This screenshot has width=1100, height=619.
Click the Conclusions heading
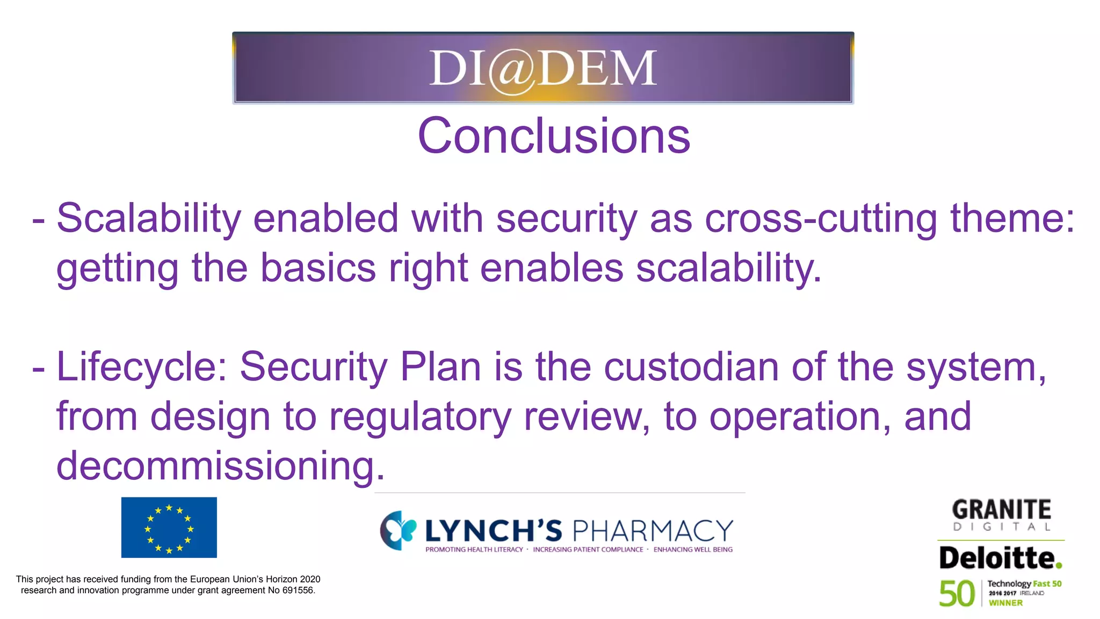(x=554, y=136)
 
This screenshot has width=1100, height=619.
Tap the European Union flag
(x=169, y=527)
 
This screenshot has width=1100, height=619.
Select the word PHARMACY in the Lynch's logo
(x=653, y=531)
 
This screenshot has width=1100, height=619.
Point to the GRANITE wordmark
(x=1001, y=509)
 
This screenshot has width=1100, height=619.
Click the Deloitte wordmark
(x=1000, y=558)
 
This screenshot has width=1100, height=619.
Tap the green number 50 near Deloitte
(x=956, y=594)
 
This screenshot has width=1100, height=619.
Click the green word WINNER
(x=1005, y=603)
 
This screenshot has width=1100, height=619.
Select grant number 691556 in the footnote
(x=298, y=590)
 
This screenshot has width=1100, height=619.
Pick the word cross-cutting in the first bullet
(x=821, y=219)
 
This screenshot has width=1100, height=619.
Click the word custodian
(x=691, y=367)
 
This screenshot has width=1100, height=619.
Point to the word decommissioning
(x=220, y=465)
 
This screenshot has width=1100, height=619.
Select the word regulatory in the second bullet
(x=420, y=416)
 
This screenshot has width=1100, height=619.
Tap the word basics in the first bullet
(x=318, y=268)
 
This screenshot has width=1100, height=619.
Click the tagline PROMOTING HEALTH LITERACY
(x=474, y=549)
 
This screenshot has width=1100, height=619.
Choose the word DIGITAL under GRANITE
(x=1001, y=527)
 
